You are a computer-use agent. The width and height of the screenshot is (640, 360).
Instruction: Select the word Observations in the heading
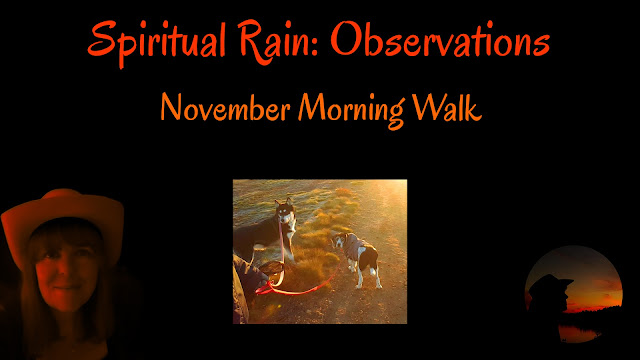click(440, 39)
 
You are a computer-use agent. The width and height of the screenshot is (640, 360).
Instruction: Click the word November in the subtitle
click(225, 108)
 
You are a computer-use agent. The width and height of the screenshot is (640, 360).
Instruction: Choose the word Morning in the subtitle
click(351, 109)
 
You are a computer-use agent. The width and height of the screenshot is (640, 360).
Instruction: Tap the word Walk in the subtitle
click(447, 107)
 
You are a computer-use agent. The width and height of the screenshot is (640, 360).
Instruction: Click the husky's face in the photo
click(286, 214)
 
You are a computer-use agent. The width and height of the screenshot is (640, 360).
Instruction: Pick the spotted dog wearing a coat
click(356, 257)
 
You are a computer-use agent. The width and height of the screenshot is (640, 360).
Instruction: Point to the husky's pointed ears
click(284, 202)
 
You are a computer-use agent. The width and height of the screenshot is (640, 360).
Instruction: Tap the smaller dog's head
click(338, 241)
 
